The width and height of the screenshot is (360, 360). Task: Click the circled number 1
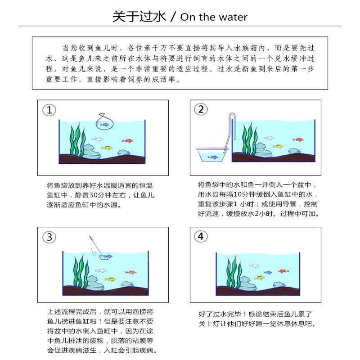(49, 110)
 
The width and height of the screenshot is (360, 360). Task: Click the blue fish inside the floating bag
(105, 125)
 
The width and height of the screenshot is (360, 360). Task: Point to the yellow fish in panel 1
(107, 148)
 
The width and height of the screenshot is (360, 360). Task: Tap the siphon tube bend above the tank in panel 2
(231, 116)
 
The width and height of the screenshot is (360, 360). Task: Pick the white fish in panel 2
(269, 138)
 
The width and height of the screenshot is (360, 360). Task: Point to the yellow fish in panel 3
(110, 279)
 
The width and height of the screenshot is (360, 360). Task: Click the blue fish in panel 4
(268, 272)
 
